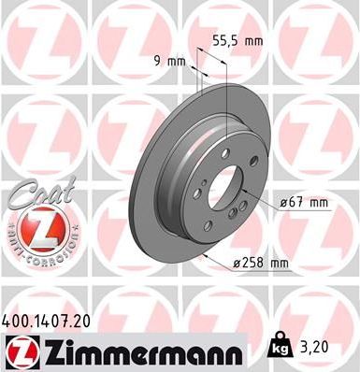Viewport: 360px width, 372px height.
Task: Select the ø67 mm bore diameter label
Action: click(x=304, y=201)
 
